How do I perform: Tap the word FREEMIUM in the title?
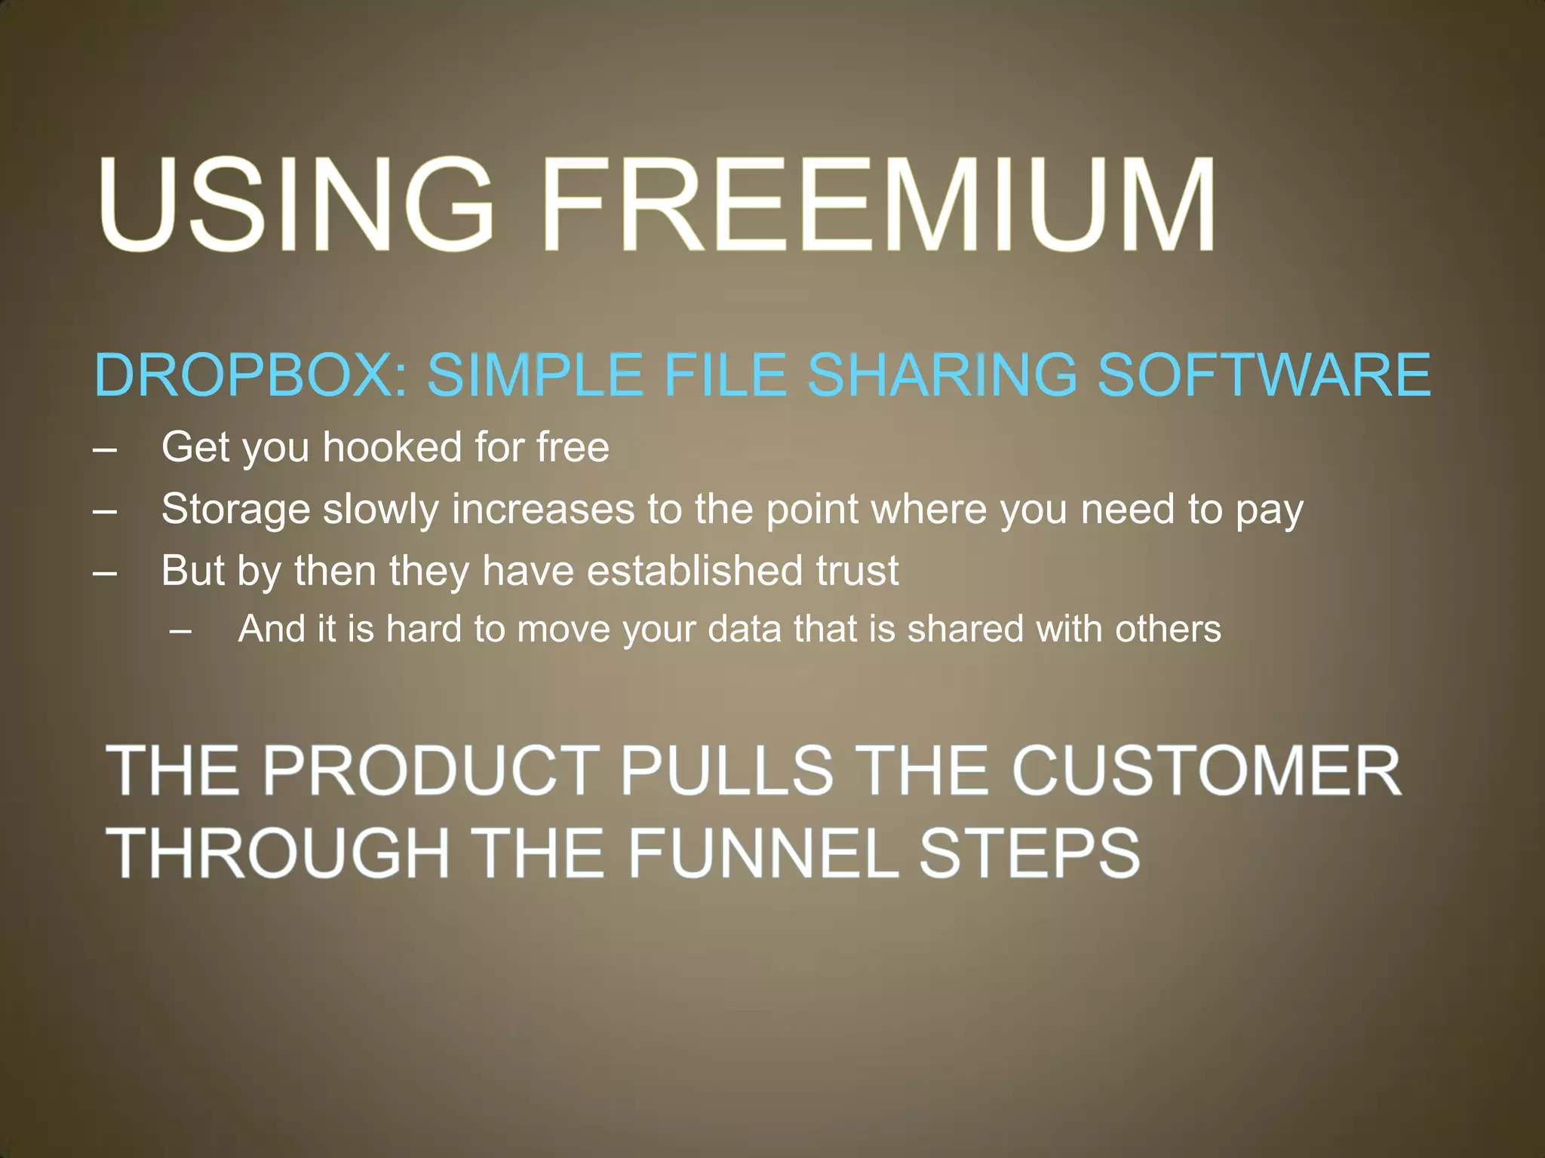point(879,204)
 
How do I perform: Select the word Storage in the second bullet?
point(235,509)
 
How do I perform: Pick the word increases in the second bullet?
point(543,509)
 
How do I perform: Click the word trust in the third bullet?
point(857,571)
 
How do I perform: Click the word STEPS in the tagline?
point(1030,852)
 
